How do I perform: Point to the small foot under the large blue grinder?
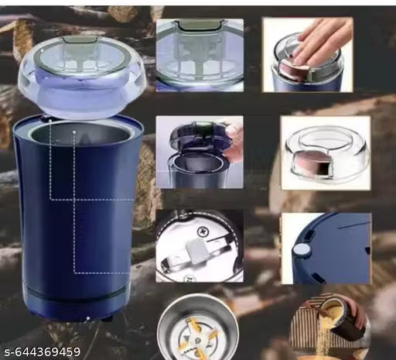106,317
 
